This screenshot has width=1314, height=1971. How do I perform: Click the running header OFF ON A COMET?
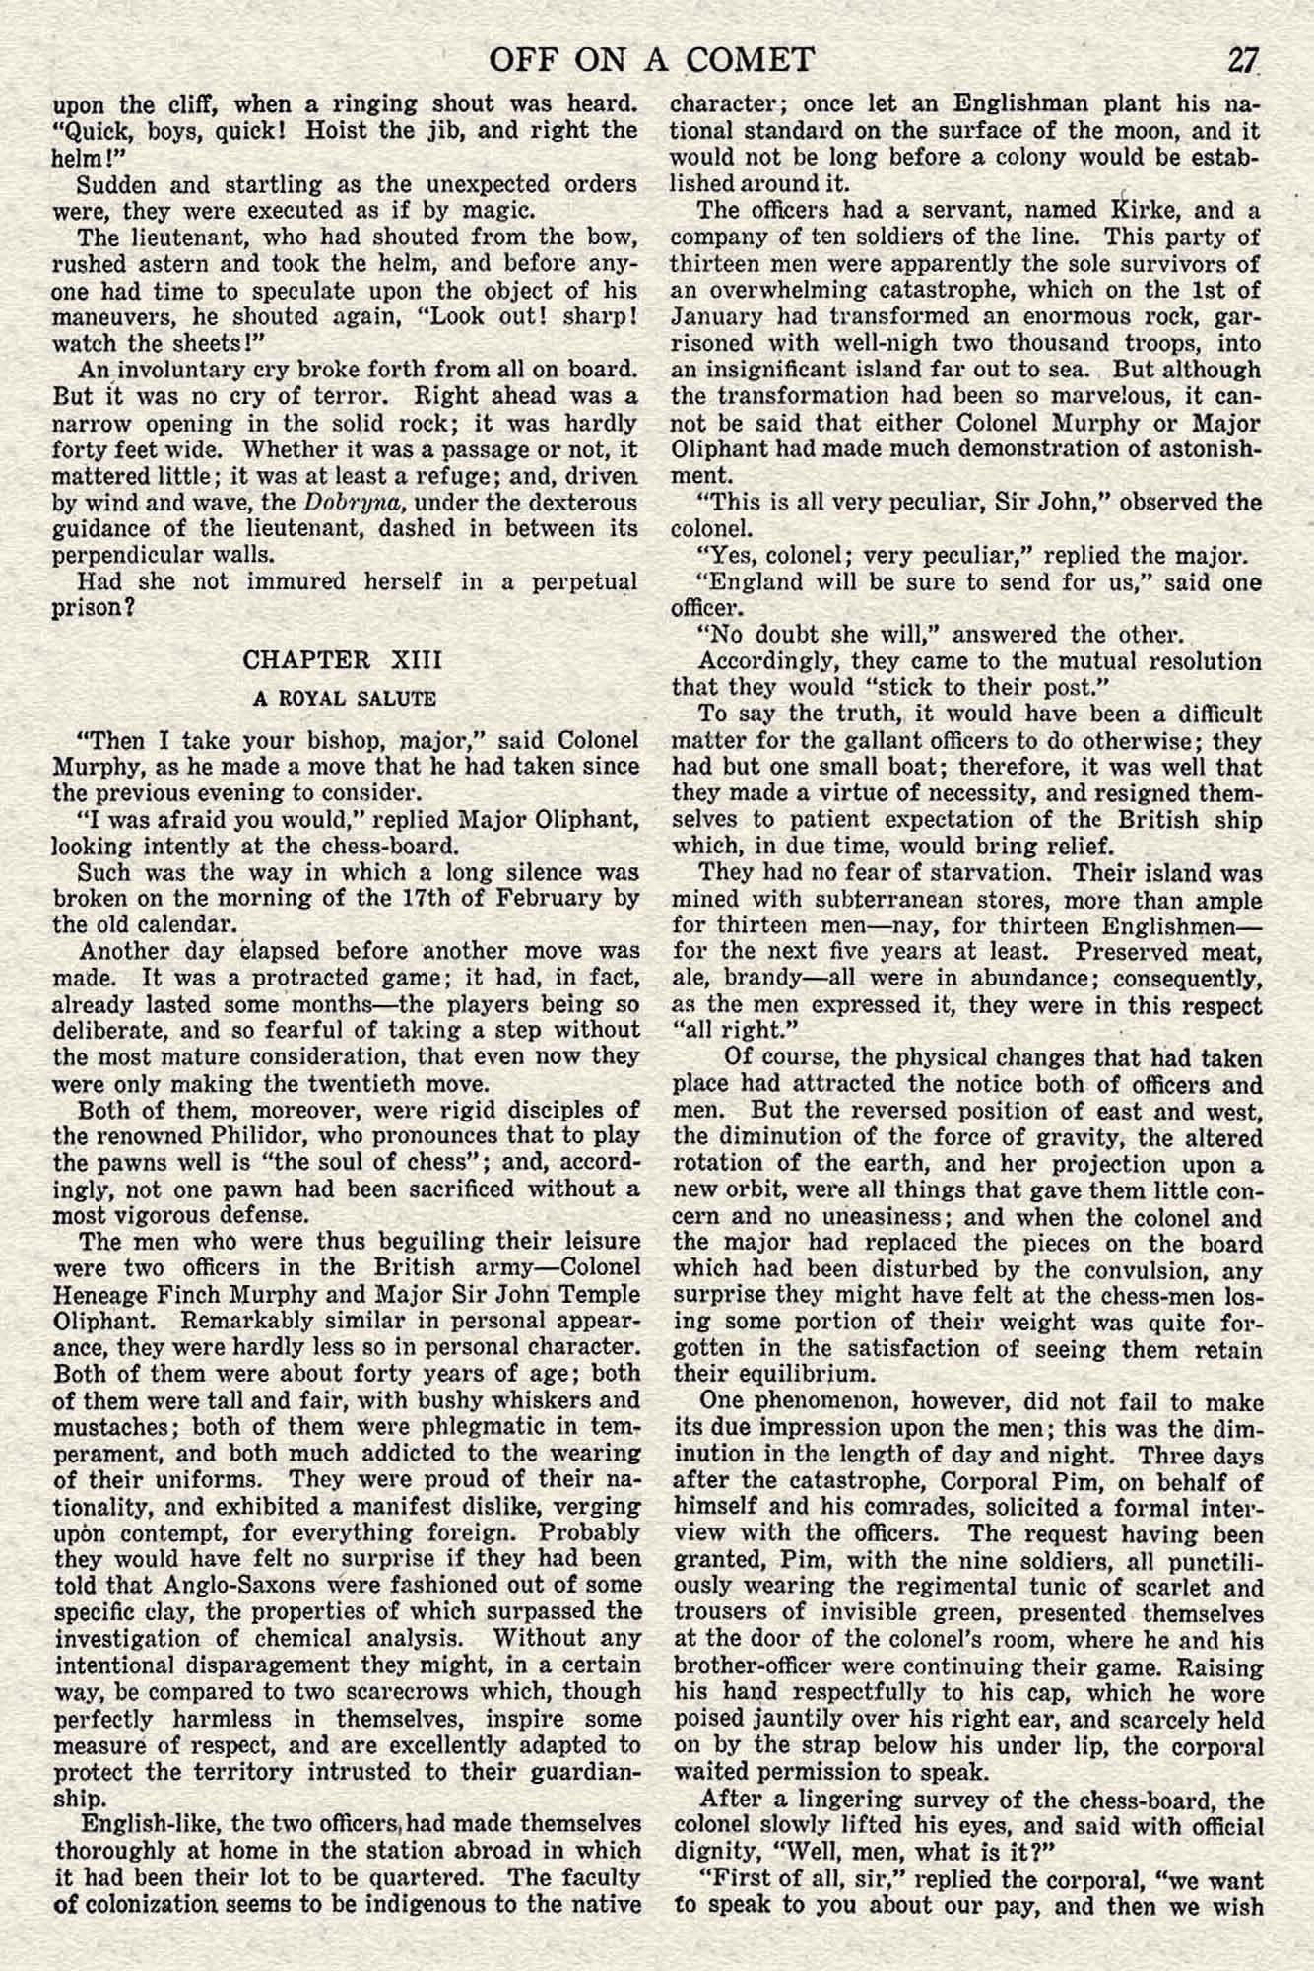pos(651,61)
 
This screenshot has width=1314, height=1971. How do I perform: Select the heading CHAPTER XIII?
pos(344,659)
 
